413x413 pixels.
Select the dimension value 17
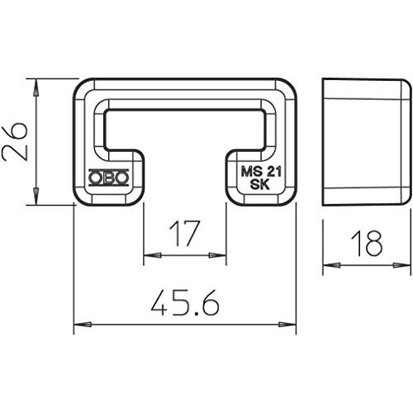[183, 234]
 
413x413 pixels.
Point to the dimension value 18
[367, 244]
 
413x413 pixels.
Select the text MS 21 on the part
[261, 173]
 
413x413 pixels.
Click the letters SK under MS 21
[259, 185]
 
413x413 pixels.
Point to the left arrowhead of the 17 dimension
[152, 255]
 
